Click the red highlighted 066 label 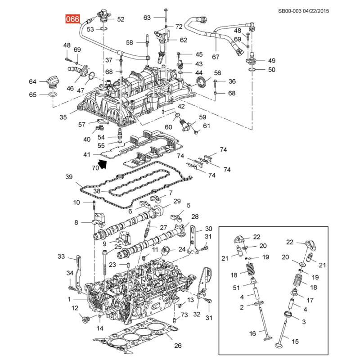[x=72, y=19]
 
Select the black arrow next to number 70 [x=102, y=164]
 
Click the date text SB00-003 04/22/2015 [x=303, y=11]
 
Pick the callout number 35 [x=63, y=117]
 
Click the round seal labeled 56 [x=202, y=82]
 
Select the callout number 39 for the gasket [x=69, y=177]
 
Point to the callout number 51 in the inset [x=236, y=288]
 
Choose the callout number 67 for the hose [x=216, y=57]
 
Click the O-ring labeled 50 [x=252, y=69]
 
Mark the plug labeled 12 [x=86, y=319]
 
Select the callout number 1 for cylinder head [x=69, y=299]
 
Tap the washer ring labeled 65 [x=53, y=94]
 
